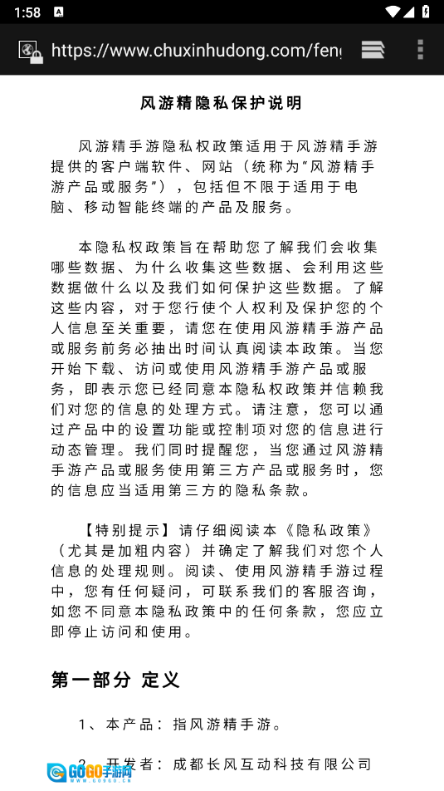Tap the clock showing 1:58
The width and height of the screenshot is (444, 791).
27,12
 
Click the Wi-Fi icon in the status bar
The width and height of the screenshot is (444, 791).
392,12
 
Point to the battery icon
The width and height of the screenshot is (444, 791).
425,12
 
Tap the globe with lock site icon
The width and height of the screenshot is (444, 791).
31,51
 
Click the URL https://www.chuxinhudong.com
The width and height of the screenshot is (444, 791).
196,51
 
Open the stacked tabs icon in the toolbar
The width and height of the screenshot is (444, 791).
373,50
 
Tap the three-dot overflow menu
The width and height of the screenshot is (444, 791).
420,50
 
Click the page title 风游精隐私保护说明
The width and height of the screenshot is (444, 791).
222,103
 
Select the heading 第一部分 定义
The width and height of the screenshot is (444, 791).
115,680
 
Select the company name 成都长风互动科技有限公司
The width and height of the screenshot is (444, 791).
272,764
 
